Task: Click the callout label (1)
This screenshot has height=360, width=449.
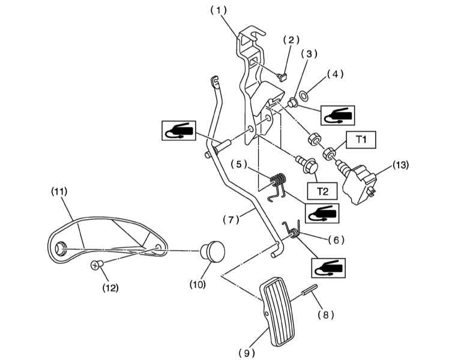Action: coord(218,11)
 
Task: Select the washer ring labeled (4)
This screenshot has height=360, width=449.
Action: coord(304,96)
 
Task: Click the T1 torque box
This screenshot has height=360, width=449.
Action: coord(361,140)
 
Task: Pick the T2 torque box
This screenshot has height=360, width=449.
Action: coord(322,191)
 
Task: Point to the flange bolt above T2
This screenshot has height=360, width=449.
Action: coord(307,164)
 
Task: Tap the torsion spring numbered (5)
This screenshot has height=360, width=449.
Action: coord(277,186)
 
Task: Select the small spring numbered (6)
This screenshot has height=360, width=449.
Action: coord(292,229)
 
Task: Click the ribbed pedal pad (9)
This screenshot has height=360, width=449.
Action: coord(277,311)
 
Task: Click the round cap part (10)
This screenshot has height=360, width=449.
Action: coord(212,251)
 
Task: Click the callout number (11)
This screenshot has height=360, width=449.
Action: coord(59,191)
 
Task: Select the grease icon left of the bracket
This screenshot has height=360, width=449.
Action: coord(179,130)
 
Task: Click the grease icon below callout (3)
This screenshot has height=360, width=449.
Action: coord(337,115)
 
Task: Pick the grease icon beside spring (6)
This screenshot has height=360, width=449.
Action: coord(328,268)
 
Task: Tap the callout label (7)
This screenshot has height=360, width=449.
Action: coord(231,220)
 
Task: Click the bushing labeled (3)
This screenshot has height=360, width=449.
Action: coord(292,103)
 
